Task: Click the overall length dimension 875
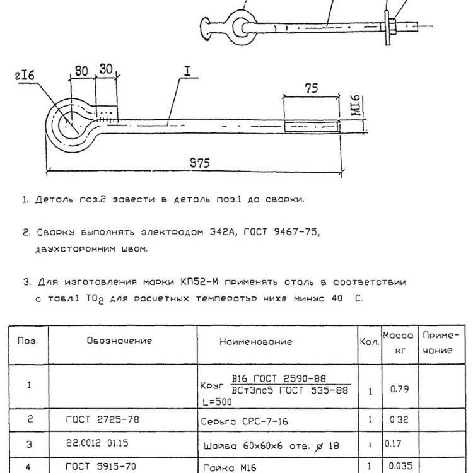click(200, 163)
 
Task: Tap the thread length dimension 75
click(312, 88)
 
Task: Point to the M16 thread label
click(356, 105)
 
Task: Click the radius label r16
click(25, 76)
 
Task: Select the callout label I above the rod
click(188, 71)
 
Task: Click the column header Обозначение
click(119, 341)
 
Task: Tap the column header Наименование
click(256, 341)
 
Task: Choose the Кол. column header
click(370, 342)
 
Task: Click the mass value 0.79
click(399, 389)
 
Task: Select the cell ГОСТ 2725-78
click(103, 419)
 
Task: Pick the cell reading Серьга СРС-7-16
click(244, 421)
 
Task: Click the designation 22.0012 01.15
click(97, 443)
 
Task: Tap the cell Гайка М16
click(230, 467)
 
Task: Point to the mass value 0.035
click(400, 465)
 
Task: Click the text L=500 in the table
click(217, 402)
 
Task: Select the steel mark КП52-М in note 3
click(199, 282)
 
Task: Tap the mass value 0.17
click(393, 443)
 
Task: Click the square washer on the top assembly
click(387, 28)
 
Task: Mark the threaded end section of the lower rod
click(312, 126)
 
